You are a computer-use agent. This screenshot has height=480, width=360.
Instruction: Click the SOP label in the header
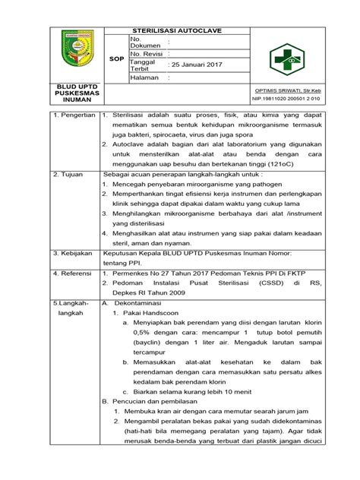(x=117, y=58)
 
